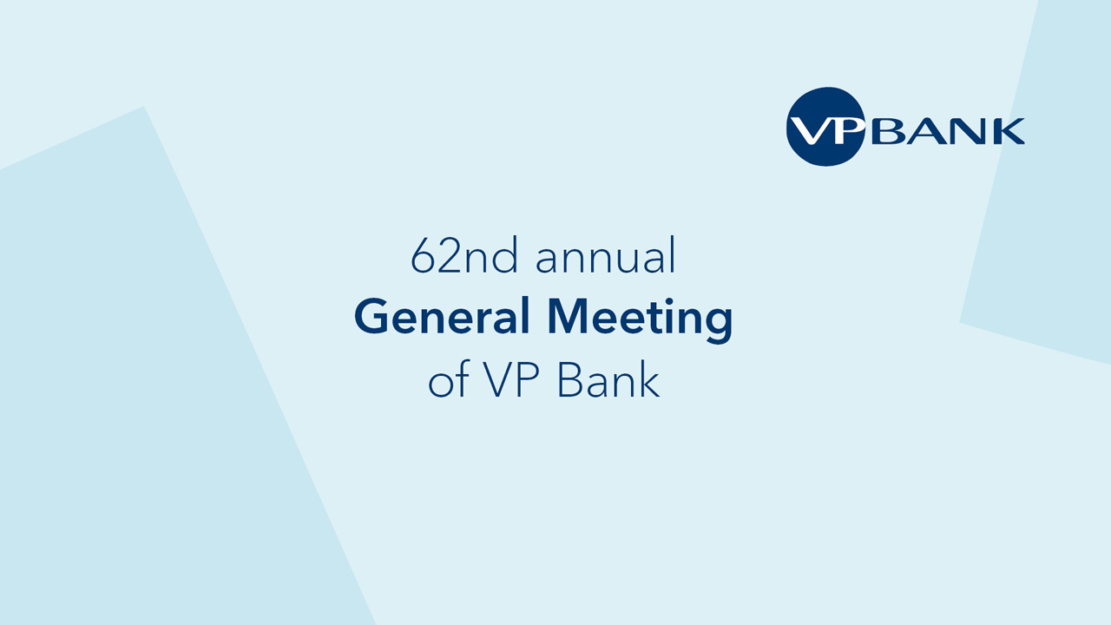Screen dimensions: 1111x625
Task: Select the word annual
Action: (606, 255)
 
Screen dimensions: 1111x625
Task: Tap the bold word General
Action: (442, 316)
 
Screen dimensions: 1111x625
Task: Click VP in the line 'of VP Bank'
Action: (511, 379)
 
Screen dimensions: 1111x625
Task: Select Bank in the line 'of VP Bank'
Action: (608, 379)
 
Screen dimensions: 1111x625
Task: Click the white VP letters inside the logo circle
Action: (827, 130)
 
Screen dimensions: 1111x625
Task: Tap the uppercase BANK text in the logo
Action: (948, 131)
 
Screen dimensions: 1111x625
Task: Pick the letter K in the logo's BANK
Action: (1008, 131)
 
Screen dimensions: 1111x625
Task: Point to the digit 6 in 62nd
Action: (423, 255)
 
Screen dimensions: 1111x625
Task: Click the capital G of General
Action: (371, 316)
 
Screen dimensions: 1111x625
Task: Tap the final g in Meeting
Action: (718, 325)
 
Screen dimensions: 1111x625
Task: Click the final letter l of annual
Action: (672, 255)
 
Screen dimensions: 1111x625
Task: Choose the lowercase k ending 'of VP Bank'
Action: (648, 379)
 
